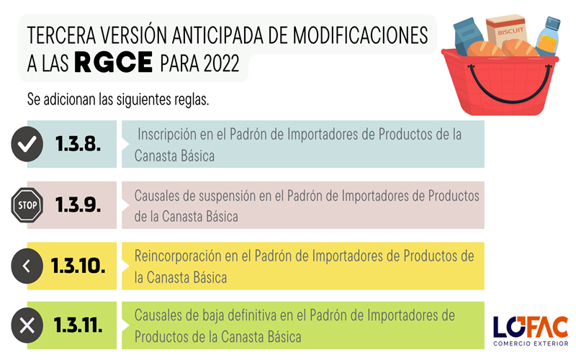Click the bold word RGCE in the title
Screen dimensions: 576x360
(114, 62)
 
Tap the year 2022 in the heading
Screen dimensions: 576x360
(222, 63)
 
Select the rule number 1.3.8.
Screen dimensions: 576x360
(78, 143)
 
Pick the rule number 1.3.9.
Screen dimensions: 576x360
(78, 204)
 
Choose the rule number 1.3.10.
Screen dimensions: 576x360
(78, 266)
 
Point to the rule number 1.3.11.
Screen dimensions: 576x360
(78, 325)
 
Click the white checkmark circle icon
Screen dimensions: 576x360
(27, 144)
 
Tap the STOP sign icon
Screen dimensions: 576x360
(27, 205)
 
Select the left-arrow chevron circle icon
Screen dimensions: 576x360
(27, 266)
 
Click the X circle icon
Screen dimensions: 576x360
(27, 325)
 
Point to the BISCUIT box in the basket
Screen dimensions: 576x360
(507, 31)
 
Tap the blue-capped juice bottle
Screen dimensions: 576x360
(548, 36)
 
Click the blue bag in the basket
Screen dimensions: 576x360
(468, 36)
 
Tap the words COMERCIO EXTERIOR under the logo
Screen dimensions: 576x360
(531, 343)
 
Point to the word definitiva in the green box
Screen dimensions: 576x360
(252, 315)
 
